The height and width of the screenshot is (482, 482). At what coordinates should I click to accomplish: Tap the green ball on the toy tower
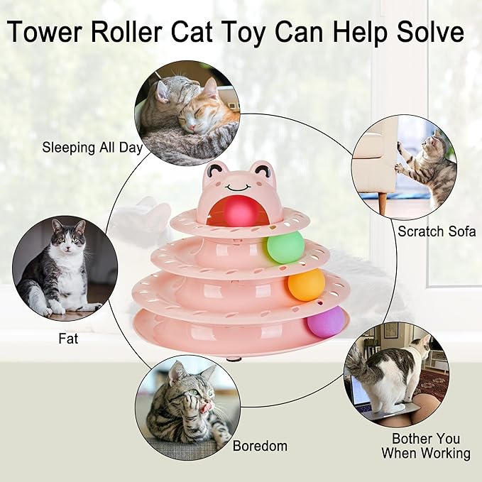click(285, 247)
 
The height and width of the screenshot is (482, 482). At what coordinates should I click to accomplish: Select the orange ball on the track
click(307, 285)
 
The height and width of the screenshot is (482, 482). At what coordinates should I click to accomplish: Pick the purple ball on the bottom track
click(325, 322)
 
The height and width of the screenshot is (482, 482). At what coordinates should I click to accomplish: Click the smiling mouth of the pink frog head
click(238, 187)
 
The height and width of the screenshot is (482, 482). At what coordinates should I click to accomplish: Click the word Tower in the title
click(45, 31)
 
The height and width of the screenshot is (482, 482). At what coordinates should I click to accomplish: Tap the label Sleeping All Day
click(92, 148)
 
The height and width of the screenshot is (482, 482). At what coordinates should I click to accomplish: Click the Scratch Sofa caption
click(437, 231)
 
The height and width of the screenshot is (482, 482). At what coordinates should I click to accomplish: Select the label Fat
click(68, 339)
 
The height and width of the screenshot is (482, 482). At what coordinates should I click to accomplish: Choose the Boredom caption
click(260, 446)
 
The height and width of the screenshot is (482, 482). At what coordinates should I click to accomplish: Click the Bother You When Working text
click(426, 446)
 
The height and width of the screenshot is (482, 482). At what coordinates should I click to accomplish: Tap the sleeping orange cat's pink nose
click(192, 127)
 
